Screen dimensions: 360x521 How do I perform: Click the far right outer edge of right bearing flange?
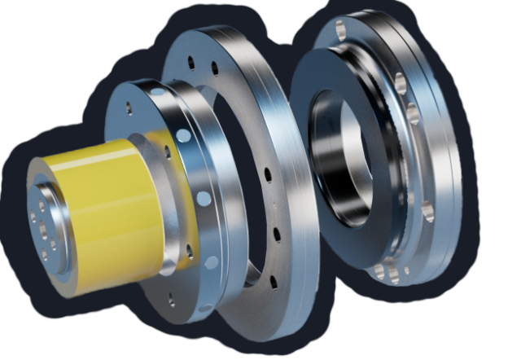[462, 163]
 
